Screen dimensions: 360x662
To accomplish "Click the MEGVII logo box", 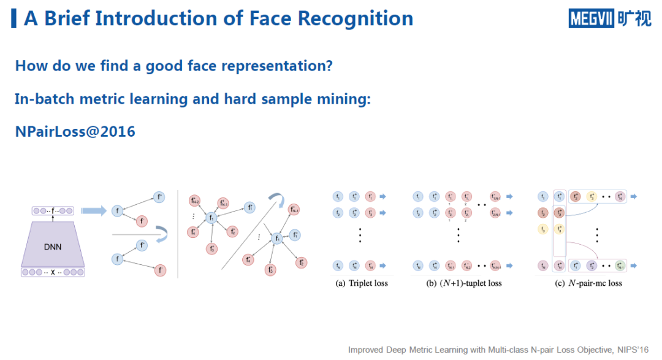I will [x=591, y=19].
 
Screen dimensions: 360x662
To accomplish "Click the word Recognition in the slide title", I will [x=356, y=18].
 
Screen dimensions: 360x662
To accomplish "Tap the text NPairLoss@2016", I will [x=75, y=131].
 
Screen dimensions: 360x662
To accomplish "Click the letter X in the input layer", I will [x=53, y=272].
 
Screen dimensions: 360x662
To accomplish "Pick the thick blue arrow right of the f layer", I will [x=94, y=210].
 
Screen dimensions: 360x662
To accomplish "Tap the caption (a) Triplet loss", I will [x=362, y=283].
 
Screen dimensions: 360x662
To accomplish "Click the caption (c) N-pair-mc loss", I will [x=588, y=283].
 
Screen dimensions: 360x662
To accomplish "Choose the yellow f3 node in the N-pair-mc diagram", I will [x=542, y=229].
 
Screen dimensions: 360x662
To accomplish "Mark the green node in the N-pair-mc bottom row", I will [x=621, y=266].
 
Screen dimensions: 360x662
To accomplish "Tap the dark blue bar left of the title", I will [x=14, y=18].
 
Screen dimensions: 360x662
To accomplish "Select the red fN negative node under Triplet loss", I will [x=370, y=266].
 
